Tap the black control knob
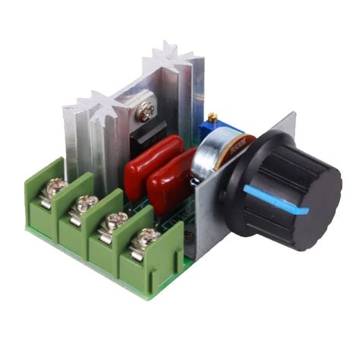click(x=266, y=186)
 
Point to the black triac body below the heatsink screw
click(x=149, y=134)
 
